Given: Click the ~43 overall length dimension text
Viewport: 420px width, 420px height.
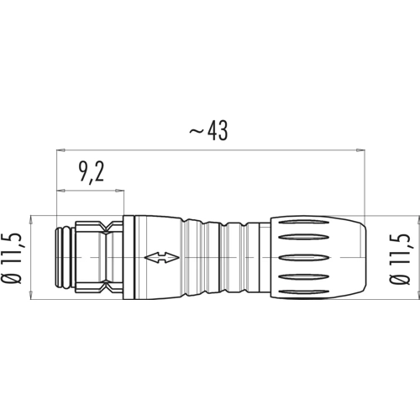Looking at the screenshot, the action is click(x=208, y=131).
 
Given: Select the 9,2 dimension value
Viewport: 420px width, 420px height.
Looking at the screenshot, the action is click(x=92, y=172).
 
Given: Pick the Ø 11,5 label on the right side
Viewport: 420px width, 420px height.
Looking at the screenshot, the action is click(x=400, y=258).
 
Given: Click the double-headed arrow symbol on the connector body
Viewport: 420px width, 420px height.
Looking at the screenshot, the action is click(x=161, y=257).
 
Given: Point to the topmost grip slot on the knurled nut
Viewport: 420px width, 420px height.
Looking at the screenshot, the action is click(x=303, y=223).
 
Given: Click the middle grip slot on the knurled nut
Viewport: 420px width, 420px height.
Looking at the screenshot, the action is click(x=303, y=257).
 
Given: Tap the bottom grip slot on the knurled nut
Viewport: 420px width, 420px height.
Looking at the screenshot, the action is click(x=303, y=292).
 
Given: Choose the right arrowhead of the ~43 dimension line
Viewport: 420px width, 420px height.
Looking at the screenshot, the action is click(x=360, y=150).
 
